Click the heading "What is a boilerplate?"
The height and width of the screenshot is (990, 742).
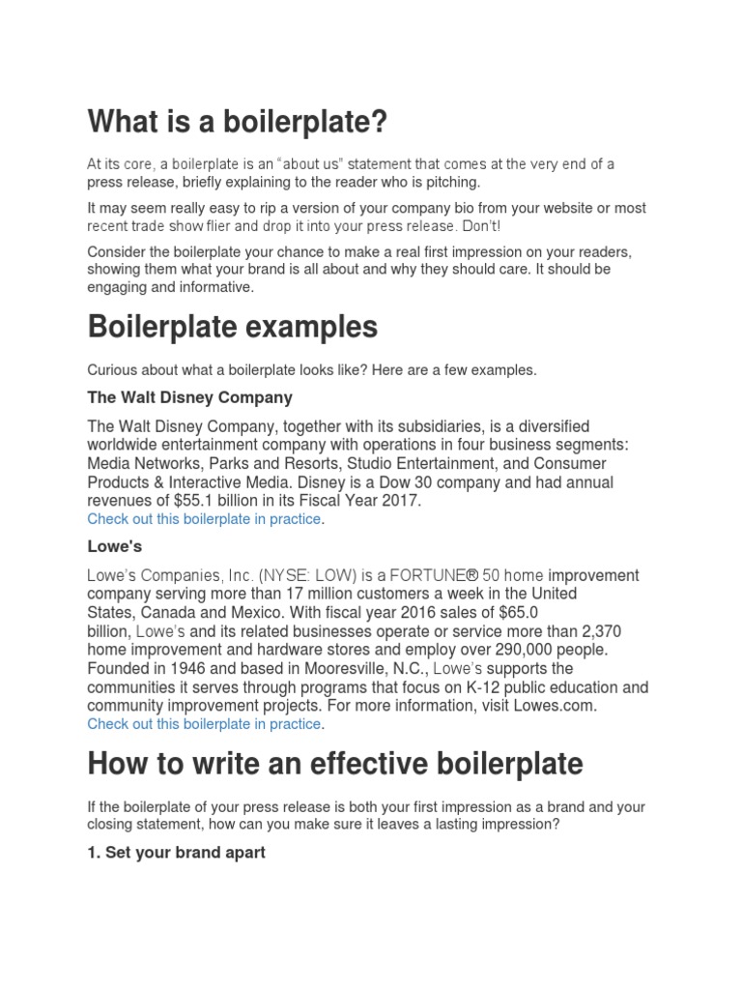point(237,123)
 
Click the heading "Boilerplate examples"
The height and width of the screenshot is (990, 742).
point(232,328)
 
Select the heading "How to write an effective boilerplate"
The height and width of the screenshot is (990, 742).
point(334,764)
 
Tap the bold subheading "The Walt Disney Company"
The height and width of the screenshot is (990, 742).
point(189,397)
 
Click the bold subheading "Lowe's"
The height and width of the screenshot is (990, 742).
point(114,546)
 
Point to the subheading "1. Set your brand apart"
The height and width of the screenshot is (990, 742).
point(176,853)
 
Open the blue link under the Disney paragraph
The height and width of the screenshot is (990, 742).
point(204,519)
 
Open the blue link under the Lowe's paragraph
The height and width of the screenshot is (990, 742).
point(204,724)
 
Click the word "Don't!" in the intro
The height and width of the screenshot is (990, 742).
point(479,226)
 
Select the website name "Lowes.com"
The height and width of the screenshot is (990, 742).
point(554,706)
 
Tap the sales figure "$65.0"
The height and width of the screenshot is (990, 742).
point(518,612)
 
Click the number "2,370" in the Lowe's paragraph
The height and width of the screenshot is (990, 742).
point(615,631)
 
